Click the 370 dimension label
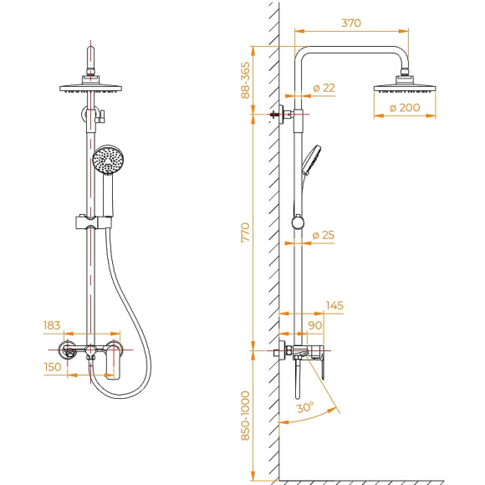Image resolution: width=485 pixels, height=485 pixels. (x=351, y=23)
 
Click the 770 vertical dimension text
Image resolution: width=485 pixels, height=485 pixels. (x=246, y=232)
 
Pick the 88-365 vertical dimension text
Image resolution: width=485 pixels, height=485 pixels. (x=246, y=80)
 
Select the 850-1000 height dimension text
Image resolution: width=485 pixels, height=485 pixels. (x=246, y=416)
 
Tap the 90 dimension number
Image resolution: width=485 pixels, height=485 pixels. (x=315, y=324)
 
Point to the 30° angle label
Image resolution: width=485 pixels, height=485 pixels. (x=304, y=408)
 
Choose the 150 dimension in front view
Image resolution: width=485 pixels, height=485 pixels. (x=52, y=365)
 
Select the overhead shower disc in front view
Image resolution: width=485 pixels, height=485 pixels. (x=91, y=87)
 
